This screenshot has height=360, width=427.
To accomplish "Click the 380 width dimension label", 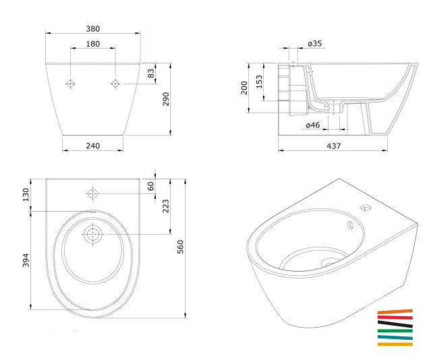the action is [x=93, y=29].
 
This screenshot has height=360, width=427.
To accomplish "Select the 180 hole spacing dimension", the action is [x=93, y=44].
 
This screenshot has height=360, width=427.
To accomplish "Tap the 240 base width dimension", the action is [x=93, y=146].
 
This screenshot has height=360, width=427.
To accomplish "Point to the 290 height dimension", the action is [x=166, y=99].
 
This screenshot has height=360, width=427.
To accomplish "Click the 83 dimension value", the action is [x=150, y=73].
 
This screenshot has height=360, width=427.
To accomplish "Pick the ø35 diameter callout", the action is [x=315, y=44].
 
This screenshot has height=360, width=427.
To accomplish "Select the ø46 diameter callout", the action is [x=313, y=125].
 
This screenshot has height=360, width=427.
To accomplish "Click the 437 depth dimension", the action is [x=334, y=146].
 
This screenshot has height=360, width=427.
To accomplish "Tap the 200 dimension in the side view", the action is [x=244, y=88].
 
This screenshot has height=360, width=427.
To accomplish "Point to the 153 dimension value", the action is [x=259, y=82].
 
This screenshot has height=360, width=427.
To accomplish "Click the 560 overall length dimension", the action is [x=181, y=247].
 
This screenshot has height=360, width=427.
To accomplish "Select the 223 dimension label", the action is [x=166, y=206].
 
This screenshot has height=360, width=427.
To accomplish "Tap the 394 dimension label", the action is [x=26, y=260].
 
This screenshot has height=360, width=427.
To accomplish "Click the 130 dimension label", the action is [x=26, y=195].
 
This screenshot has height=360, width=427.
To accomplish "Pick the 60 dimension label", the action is [x=150, y=186].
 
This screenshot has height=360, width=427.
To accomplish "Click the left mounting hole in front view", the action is [x=71, y=84].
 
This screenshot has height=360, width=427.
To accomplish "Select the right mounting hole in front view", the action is [x=115, y=84].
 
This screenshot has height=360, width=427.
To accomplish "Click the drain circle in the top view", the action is [x=93, y=235].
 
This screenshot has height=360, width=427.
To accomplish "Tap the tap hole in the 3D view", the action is [x=366, y=208].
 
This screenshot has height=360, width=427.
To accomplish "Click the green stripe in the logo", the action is [x=395, y=331].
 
